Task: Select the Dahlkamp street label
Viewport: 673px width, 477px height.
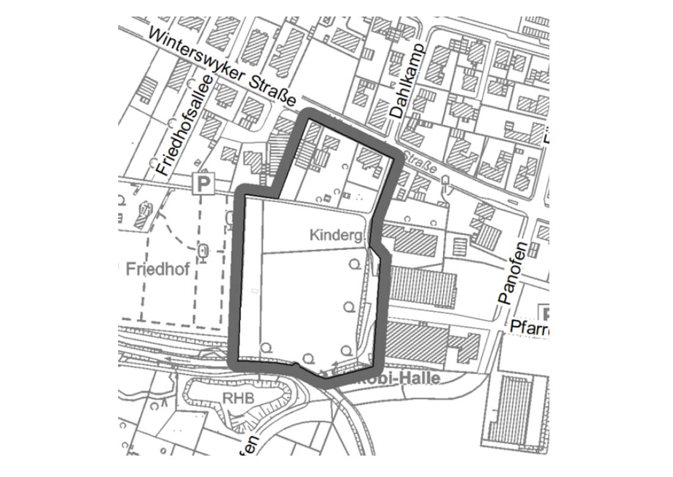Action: pos(407,81)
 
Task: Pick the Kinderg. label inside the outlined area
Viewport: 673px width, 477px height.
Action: pos(337,235)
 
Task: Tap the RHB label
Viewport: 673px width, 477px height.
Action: pos(236,398)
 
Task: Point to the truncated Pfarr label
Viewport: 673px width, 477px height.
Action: pos(530,329)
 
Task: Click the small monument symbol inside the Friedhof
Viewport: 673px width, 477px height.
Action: pos(204,251)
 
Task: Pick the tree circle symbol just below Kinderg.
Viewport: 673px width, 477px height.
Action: pos(354,264)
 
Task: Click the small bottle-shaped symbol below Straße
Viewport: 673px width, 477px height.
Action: pos(445,182)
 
